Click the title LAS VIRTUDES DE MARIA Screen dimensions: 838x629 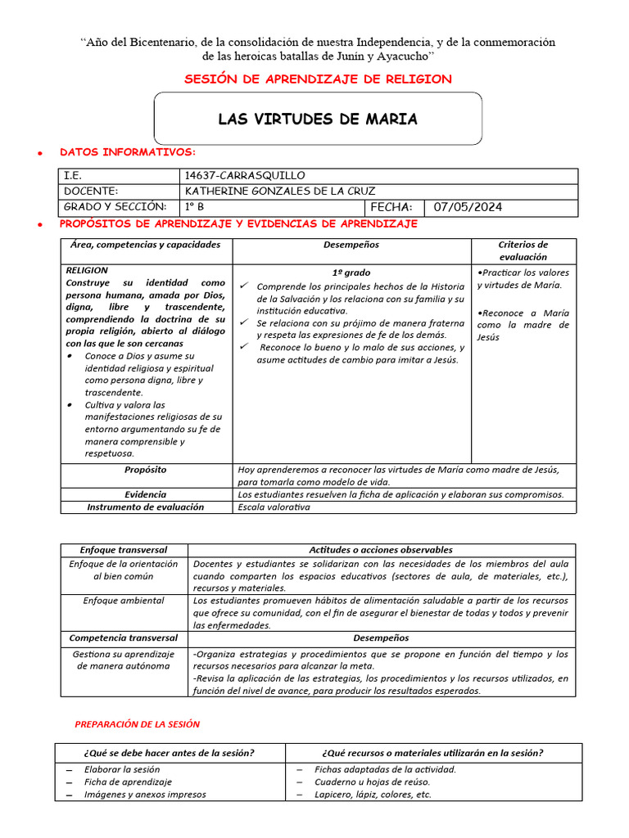click(x=317, y=119)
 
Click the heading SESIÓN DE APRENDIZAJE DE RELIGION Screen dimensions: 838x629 click(x=318, y=79)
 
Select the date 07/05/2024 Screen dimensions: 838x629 click(x=468, y=207)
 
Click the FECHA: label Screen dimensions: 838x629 click(x=391, y=207)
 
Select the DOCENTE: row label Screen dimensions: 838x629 click(x=91, y=191)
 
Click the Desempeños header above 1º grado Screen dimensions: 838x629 click(x=351, y=245)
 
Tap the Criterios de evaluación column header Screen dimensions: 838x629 click(x=523, y=250)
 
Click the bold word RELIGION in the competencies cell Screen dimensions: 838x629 click(x=86, y=270)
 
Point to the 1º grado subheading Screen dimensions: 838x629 click(x=351, y=273)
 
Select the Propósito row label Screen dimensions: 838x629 click(x=146, y=470)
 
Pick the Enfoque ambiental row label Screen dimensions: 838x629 click(x=123, y=601)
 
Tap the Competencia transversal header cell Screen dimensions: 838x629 click(x=123, y=638)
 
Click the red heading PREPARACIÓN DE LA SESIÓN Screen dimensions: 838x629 click(x=137, y=724)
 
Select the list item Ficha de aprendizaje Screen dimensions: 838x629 click(x=128, y=782)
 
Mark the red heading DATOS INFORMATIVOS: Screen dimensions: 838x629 click(x=128, y=152)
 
